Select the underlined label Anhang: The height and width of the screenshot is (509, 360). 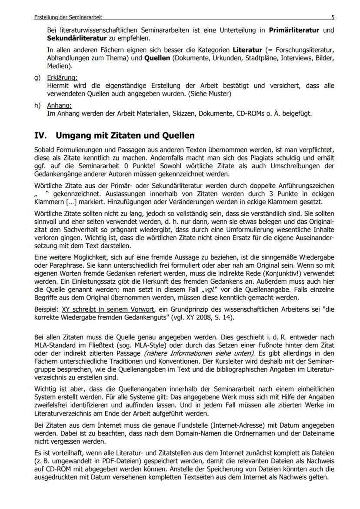point(59,106)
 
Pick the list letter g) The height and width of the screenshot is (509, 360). point(38,78)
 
